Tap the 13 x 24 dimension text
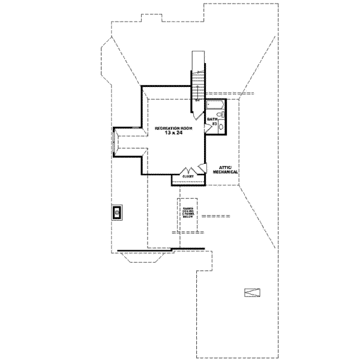(169, 134)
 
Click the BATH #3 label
(212, 122)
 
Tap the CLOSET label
(188, 177)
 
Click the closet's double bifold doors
(188, 170)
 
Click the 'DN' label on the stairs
(197, 100)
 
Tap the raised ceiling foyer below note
(188, 213)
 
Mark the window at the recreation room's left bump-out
(116, 142)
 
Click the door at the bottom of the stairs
(197, 96)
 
